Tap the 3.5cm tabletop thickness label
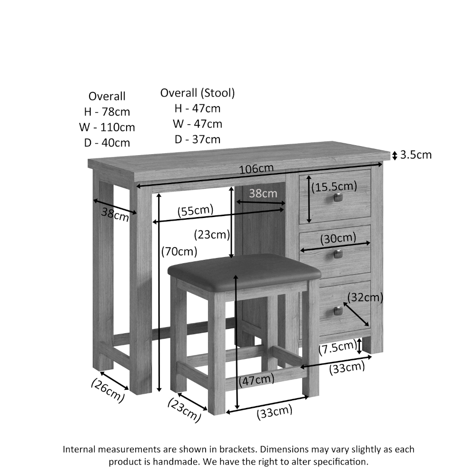pyautogui.click(x=416, y=155)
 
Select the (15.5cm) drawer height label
pyautogui.click(x=334, y=187)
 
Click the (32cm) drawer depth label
pyautogui.click(x=365, y=297)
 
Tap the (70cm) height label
pyautogui.click(x=179, y=251)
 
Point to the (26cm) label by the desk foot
pyautogui.click(x=108, y=391)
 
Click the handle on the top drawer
pyautogui.click(x=338, y=198)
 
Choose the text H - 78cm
pyautogui.click(x=107, y=112)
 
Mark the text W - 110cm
pyautogui.click(x=107, y=128)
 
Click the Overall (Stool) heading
pyautogui.click(x=198, y=93)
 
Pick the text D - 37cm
pyautogui.click(x=198, y=139)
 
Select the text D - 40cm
pyautogui.click(x=107, y=143)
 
